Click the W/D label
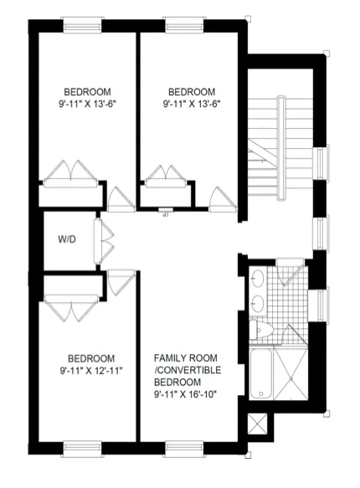(67, 239)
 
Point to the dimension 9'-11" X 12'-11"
(90, 369)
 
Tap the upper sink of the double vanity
(257, 279)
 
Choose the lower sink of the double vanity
(257, 301)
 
